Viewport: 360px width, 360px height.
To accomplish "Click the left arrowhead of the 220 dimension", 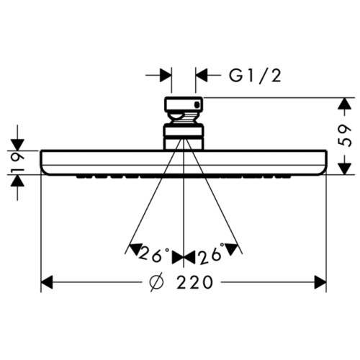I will coord(48,283).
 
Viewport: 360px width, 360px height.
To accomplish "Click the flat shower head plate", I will coord(184,161).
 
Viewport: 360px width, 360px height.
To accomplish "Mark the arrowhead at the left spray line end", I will coord(132,249).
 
